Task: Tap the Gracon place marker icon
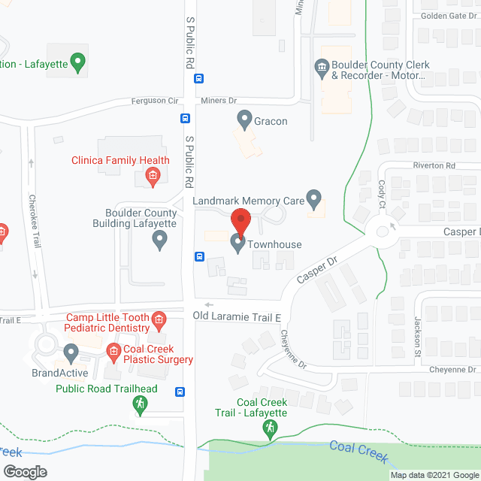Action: pyautogui.click(x=244, y=119)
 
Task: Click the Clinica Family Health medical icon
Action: pyautogui.click(x=152, y=177)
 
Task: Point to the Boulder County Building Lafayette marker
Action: pyautogui.click(x=159, y=240)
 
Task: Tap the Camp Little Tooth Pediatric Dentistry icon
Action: pyautogui.click(x=159, y=322)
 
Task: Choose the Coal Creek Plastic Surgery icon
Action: pyautogui.click(x=113, y=351)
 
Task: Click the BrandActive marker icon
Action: pyautogui.click(x=71, y=352)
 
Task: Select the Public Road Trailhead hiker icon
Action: pyautogui.click(x=140, y=405)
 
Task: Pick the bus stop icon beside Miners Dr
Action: pyautogui.click(x=185, y=118)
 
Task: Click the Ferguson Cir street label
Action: pyautogui.click(x=154, y=101)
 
